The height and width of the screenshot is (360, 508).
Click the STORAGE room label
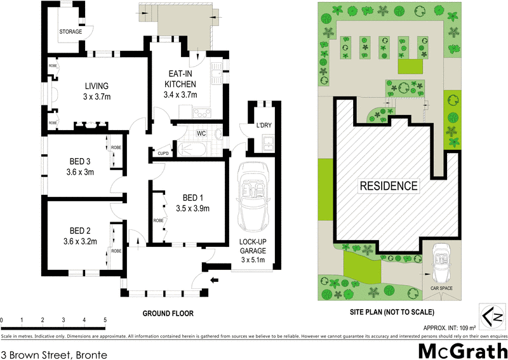(x=70, y=32)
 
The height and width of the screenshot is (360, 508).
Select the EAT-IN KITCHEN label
(x=180, y=84)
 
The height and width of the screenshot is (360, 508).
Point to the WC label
(x=201, y=134)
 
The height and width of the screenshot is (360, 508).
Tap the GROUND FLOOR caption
(x=168, y=314)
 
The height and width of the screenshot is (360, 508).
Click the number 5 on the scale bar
(x=105, y=320)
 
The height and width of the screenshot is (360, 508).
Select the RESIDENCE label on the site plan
(x=389, y=187)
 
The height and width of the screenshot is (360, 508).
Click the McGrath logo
(x=461, y=349)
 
